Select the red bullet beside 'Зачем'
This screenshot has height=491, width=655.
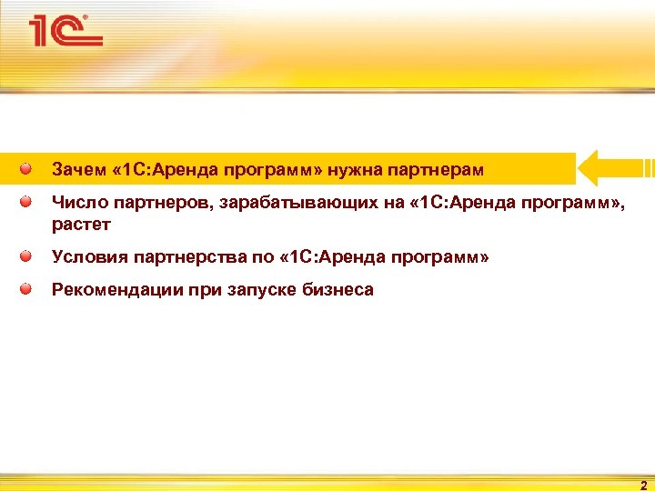click(x=28, y=168)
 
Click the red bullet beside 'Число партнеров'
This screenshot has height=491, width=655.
click(x=28, y=201)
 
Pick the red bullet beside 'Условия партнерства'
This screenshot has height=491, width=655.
click(x=28, y=257)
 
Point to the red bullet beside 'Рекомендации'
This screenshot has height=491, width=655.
click(x=28, y=289)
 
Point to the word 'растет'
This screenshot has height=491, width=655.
click(x=81, y=225)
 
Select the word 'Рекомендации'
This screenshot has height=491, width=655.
click(x=114, y=291)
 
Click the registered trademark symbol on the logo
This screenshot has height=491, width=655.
click(x=86, y=17)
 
